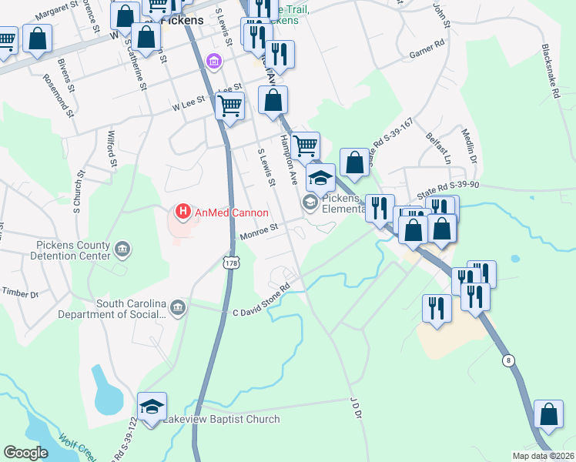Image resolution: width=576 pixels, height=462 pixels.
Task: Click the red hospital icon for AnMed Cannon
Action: coord(183,211)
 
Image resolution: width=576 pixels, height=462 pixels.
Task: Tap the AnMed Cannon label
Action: coord(231,213)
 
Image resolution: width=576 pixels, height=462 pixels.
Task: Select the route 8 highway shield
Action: coord(507,360)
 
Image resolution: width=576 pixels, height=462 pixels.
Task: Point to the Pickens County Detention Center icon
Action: coord(122,249)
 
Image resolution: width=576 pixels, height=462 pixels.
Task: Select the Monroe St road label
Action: coord(258,229)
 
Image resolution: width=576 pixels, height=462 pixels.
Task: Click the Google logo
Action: coord(25,453)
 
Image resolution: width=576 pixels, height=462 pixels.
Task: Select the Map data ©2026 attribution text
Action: coord(543,455)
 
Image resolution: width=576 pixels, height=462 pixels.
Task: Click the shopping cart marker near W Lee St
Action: coord(230,105)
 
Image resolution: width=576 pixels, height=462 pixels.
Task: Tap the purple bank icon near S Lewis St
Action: coord(214,61)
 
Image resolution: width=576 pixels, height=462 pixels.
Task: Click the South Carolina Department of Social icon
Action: coord(178,308)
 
